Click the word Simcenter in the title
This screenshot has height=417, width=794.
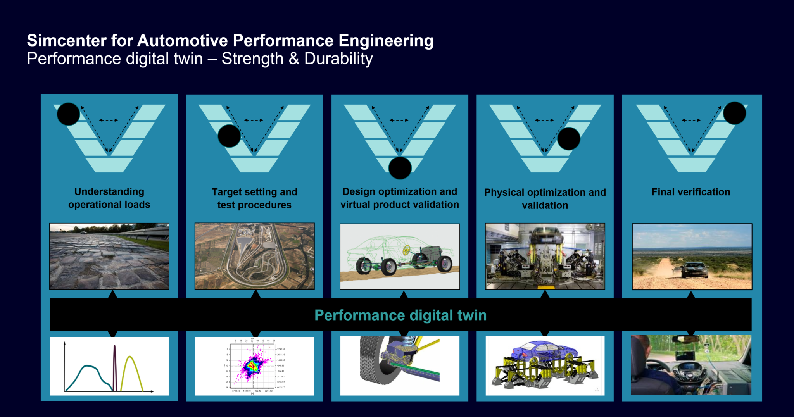[x=66, y=41]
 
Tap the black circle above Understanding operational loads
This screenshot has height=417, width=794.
[x=68, y=114]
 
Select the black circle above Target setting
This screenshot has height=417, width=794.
[x=229, y=136]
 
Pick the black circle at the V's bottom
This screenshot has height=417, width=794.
[x=400, y=168]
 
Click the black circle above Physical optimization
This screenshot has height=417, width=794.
[x=568, y=139]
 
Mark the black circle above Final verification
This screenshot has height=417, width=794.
[x=734, y=113]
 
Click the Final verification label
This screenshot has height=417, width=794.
[x=690, y=192]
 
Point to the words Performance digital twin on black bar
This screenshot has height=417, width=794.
[x=400, y=315]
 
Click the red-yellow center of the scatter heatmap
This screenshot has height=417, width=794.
[x=252, y=365]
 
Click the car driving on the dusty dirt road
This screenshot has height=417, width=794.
[x=694, y=270]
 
